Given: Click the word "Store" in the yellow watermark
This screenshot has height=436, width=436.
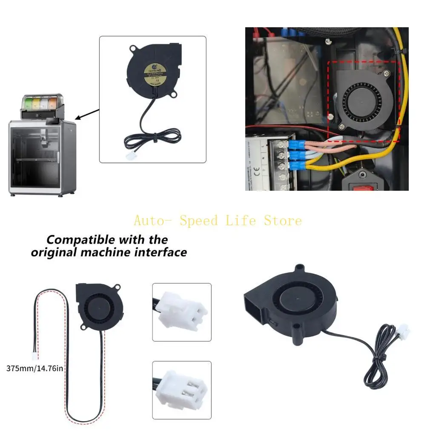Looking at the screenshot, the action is coord(283,221).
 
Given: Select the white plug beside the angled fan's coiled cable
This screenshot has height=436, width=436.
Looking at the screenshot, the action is coord(402,330).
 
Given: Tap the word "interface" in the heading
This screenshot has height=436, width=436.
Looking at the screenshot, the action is coord(161,252).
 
